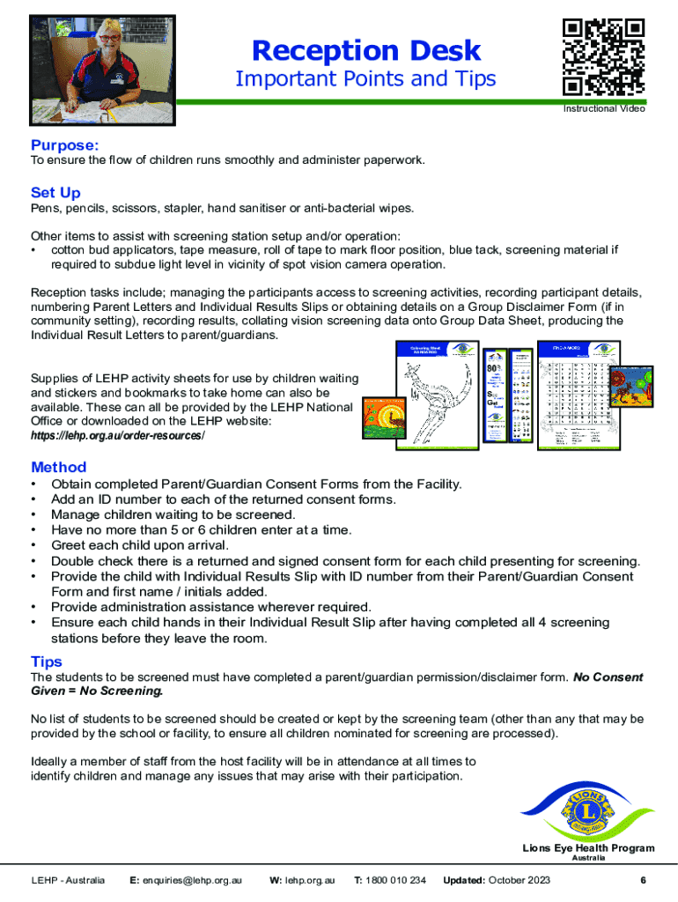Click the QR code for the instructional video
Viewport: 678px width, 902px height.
coord(603,58)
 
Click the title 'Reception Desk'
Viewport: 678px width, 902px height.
coord(365,50)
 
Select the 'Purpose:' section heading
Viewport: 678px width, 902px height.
coord(64,144)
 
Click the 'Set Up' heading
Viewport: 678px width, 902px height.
coord(55,192)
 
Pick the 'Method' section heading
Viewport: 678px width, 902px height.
coord(58,467)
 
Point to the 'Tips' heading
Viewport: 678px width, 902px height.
coord(46,662)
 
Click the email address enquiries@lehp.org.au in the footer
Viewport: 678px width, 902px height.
coord(192,880)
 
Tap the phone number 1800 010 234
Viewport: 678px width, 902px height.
coord(397,880)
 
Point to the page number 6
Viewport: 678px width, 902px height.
coord(644,880)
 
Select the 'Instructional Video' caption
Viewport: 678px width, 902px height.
coord(604,109)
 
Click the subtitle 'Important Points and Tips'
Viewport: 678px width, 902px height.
coord(365,79)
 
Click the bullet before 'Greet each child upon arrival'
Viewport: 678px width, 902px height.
coord(33,546)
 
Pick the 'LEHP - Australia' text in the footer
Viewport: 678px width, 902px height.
coord(68,880)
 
